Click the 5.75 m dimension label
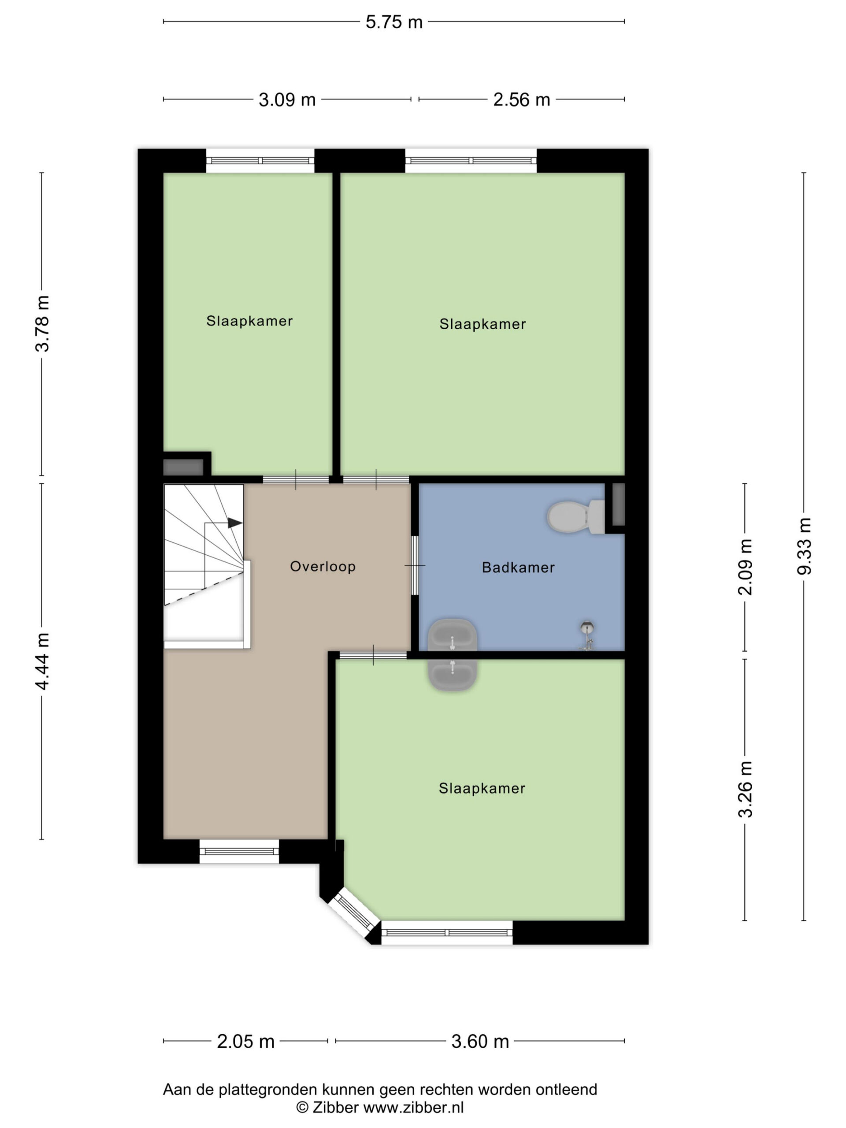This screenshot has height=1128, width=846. coord(393,22)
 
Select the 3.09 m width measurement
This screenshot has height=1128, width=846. coord(287,100)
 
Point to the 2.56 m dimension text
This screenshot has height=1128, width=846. coord(521,100)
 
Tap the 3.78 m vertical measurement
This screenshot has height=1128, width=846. coord(42,323)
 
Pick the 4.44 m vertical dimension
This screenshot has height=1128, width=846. coord(42,661)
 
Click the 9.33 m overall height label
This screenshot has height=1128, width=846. coord(804,545)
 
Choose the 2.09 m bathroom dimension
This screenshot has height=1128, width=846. coord(745,567)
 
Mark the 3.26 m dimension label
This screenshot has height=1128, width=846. coord(745,789)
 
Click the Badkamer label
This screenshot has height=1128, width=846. coord(518,568)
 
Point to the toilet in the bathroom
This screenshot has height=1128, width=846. coord(575,516)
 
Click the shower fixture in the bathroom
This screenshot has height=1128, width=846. coord(587,635)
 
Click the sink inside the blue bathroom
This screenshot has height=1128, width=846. coord(453,635)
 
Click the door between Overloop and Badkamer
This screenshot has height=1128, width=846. coord(415,565)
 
